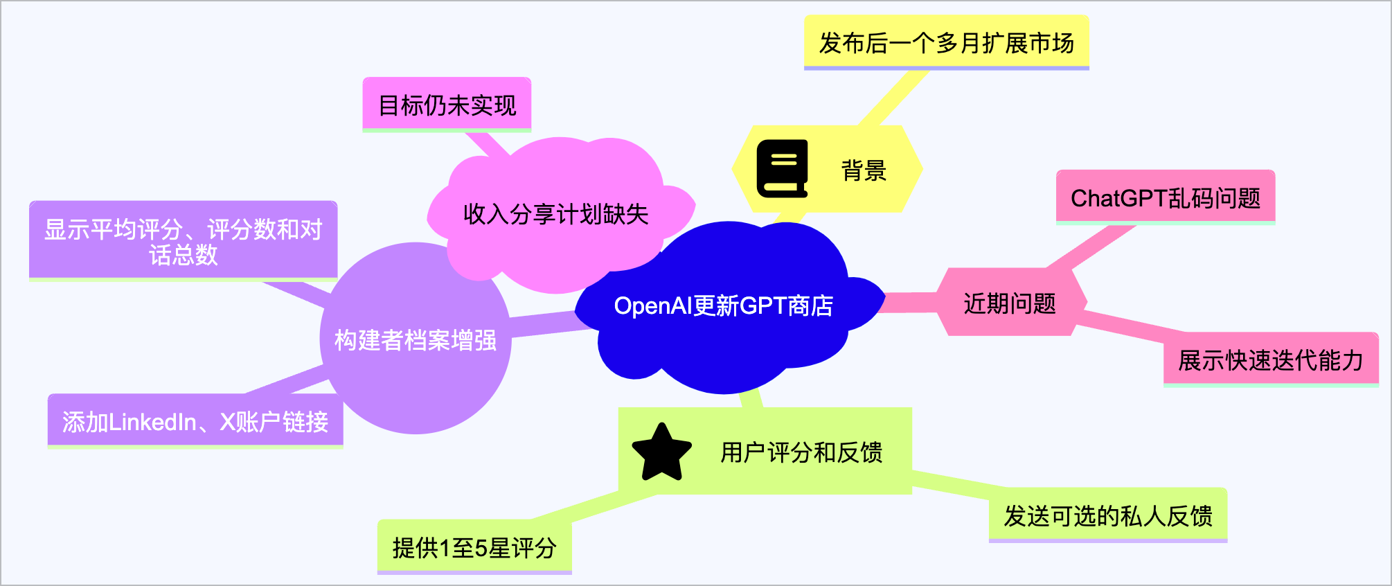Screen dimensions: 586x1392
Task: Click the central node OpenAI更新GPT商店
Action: (x=723, y=306)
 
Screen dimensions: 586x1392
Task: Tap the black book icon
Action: (x=782, y=169)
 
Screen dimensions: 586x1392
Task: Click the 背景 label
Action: (x=864, y=170)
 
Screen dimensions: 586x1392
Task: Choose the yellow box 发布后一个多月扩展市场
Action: (x=946, y=43)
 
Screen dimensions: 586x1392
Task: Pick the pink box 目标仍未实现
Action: (x=447, y=105)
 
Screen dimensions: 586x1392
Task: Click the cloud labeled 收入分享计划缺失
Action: (x=555, y=214)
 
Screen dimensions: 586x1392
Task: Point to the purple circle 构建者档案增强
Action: (x=415, y=340)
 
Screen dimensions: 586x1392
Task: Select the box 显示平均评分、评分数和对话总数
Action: (x=183, y=241)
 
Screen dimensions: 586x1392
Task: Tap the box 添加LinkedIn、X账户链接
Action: (x=195, y=421)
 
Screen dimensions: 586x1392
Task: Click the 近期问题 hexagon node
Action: (x=1009, y=303)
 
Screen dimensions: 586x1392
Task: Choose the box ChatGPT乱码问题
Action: (x=1165, y=198)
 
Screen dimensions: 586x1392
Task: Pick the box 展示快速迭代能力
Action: (x=1270, y=360)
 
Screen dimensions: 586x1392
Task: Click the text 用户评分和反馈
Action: (x=801, y=452)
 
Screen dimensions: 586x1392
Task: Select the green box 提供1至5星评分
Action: (x=474, y=547)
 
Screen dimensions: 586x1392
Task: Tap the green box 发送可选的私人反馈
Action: (x=1107, y=515)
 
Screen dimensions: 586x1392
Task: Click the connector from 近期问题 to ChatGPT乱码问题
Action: (x=1090, y=248)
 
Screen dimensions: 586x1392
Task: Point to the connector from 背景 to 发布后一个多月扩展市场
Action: (x=893, y=98)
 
